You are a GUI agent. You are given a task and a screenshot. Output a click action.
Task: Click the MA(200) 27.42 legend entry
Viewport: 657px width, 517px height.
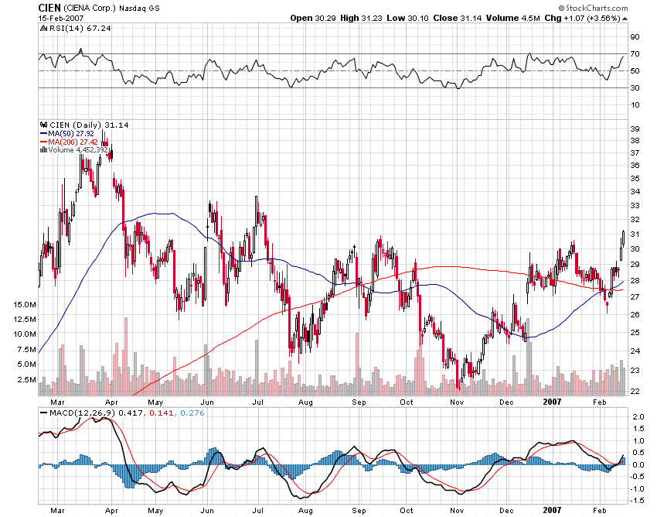pos(71,142)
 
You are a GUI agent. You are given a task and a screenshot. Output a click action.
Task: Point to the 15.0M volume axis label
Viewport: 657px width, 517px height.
pos(24,306)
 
